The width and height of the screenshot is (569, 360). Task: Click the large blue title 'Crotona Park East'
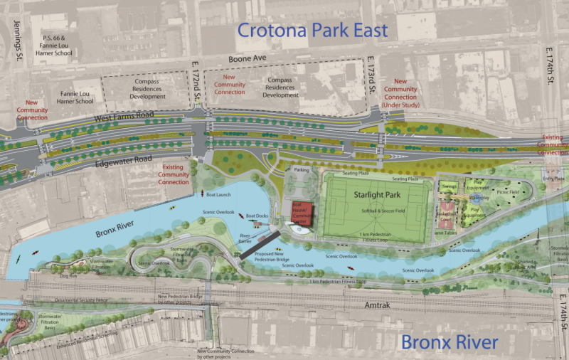coord(312,30)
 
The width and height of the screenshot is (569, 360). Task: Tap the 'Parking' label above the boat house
coord(302,170)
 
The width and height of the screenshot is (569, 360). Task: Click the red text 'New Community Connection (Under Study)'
coord(400,93)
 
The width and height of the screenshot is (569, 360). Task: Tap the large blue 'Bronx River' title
coord(449,342)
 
